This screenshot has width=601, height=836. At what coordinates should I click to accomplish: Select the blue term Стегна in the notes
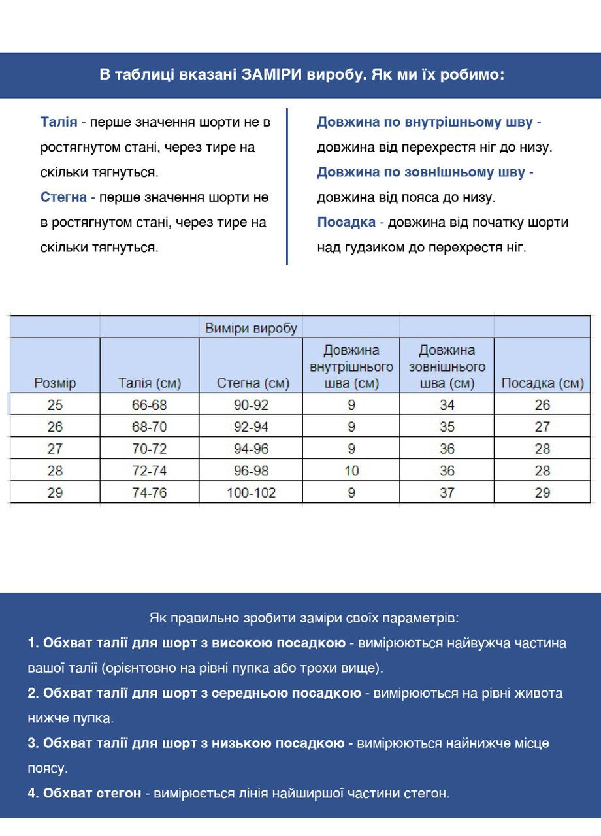point(63,197)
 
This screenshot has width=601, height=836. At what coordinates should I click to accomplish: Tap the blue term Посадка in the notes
point(346,222)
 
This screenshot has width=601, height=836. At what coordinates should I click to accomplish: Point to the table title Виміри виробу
point(251,328)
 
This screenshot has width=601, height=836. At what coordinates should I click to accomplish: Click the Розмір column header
point(55,383)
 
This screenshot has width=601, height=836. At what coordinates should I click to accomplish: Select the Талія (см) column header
point(150,383)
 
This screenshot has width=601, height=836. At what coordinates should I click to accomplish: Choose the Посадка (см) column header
point(542,383)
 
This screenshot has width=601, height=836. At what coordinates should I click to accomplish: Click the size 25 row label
point(55,405)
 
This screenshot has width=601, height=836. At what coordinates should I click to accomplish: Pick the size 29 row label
point(55,492)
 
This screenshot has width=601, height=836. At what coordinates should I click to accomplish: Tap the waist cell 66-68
point(150,405)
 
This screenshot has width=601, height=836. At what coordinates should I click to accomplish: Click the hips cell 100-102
point(251,492)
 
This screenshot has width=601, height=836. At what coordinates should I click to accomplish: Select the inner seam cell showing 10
point(351,470)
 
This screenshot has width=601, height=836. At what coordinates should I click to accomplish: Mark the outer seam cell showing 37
point(447,492)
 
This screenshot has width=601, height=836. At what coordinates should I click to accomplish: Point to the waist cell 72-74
point(150,470)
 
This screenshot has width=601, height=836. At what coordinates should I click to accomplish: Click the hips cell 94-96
point(251,449)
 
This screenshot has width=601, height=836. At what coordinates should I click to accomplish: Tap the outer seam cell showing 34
point(447,405)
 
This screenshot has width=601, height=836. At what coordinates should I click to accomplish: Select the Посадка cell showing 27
point(542,427)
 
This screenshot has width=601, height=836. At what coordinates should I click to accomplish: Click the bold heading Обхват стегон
point(91,794)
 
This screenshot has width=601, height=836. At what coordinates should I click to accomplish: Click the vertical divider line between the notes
point(287,186)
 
